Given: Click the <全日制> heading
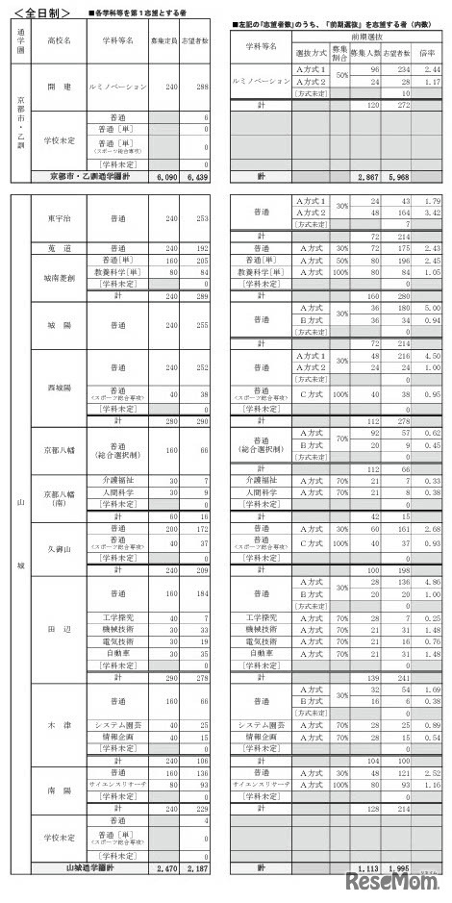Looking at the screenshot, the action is click(x=39, y=11).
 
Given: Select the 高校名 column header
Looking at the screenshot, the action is click(x=58, y=44).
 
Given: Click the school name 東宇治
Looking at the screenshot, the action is click(x=58, y=218).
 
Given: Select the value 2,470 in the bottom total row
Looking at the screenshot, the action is click(x=166, y=867).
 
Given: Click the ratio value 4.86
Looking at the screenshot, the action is click(x=432, y=582).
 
